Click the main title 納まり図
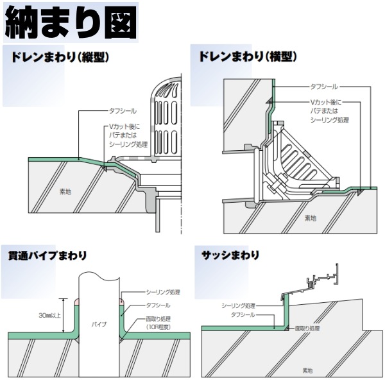tap(71, 23)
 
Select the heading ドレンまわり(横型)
tap(248, 57)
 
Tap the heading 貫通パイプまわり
tap(42, 255)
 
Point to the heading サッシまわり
tap(230, 255)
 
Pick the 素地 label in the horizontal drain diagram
tap(310, 218)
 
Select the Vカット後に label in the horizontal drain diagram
tap(327, 103)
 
